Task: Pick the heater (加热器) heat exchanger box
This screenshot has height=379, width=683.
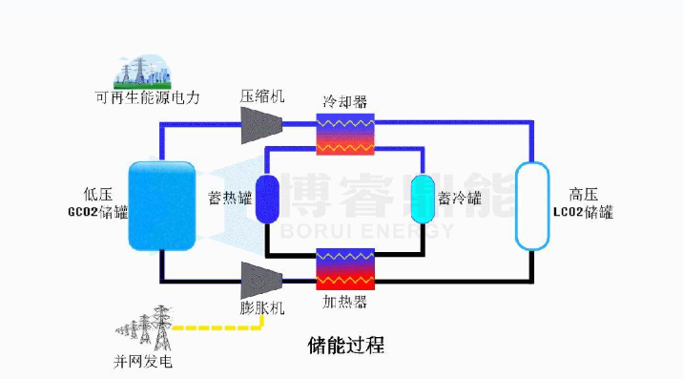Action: tap(345, 268)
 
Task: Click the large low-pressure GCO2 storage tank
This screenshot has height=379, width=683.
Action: tap(162, 205)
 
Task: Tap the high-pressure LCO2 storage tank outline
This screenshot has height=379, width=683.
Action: tap(533, 204)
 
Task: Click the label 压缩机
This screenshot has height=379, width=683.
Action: tap(262, 96)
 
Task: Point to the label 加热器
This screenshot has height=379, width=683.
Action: tap(345, 303)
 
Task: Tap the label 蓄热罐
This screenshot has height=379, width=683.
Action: tap(229, 199)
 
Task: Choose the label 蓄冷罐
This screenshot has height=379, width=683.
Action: tap(460, 199)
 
